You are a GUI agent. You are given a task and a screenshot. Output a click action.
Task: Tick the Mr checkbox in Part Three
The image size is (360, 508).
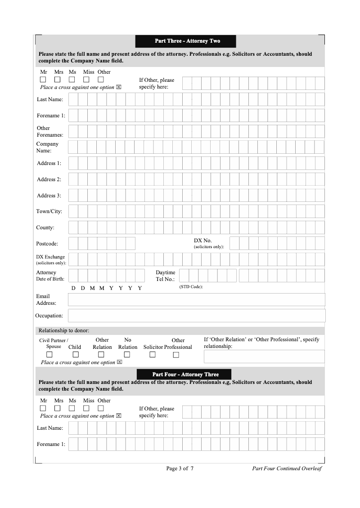(x=43, y=80)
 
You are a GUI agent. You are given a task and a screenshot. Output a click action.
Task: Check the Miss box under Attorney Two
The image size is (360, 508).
(x=86, y=80)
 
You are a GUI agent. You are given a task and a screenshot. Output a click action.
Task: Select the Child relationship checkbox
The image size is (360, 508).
(x=75, y=355)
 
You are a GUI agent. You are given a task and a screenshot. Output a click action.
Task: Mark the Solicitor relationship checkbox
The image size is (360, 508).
(x=153, y=355)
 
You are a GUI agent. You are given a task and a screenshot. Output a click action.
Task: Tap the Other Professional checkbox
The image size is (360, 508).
(x=176, y=355)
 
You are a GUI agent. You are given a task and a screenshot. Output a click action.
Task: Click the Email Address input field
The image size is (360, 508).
(x=196, y=299)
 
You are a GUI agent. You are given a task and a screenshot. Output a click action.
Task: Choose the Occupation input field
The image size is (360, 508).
(x=196, y=316)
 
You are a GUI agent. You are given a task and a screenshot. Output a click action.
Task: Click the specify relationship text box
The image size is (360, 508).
(x=264, y=356)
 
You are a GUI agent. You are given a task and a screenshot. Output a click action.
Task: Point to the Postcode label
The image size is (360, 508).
(x=47, y=244)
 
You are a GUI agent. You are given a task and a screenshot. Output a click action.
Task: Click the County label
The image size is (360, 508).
(x=45, y=227)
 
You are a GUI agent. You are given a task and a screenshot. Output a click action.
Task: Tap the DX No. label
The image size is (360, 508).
(x=202, y=241)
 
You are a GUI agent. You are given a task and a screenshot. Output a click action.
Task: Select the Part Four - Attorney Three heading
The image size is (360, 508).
(x=185, y=374)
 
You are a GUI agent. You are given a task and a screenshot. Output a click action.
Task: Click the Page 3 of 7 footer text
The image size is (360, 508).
(x=180, y=468)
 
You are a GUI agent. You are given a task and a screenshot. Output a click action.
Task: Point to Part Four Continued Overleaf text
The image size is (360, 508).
(x=287, y=468)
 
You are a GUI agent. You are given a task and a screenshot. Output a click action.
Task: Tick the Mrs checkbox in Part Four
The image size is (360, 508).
(x=58, y=408)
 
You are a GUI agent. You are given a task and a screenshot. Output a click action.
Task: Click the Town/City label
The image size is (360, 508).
(x=49, y=211)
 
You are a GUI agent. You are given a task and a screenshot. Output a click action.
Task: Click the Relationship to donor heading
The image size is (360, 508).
(x=64, y=330)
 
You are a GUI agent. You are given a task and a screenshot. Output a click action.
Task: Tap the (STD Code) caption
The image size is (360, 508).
(x=191, y=287)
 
